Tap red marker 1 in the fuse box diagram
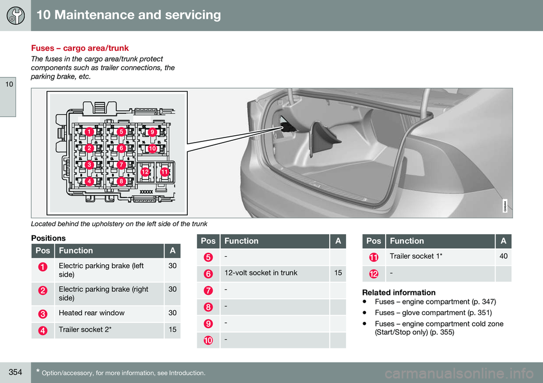[89, 132]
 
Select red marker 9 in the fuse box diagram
[152, 132]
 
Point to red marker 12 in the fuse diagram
[145, 171]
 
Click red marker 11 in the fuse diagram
[164, 171]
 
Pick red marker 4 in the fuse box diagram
[89, 181]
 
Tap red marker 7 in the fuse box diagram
[120, 164]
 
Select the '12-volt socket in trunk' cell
[260, 273]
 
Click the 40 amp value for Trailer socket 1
[503, 257]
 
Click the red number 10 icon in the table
[209, 339]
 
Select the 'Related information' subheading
[399, 292]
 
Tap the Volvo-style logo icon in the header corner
[15, 15]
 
